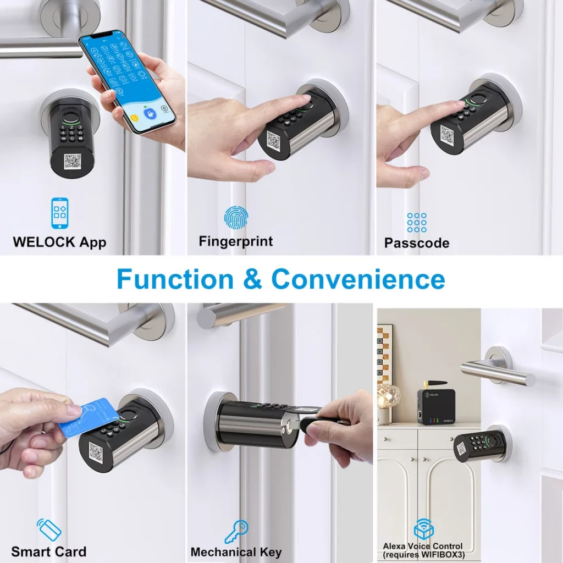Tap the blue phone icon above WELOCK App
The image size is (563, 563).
click(x=59, y=213)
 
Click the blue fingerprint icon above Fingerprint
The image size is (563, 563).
click(x=236, y=218)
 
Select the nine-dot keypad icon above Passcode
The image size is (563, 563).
click(x=417, y=223)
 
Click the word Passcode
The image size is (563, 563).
click(x=417, y=243)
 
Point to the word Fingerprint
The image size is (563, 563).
click(x=236, y=242)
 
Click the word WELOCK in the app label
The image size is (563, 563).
click(x=44, y=242)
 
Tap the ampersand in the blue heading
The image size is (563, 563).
click(x=252, y=279)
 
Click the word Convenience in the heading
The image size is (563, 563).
click(x=358, y=279)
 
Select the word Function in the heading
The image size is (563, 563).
click(x=175, y=279)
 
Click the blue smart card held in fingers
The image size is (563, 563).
click(x=89, y=417)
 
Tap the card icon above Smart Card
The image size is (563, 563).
click(x=49, y=529)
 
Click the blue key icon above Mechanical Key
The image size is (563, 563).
click(x=236, y=532)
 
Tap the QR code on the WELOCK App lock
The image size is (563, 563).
click(x=73, y=162)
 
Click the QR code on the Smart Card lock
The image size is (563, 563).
click(x=96, y=452)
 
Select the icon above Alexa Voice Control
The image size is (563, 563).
click(x=424, y=529)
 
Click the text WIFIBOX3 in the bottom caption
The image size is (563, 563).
click(x=443, y=555)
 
